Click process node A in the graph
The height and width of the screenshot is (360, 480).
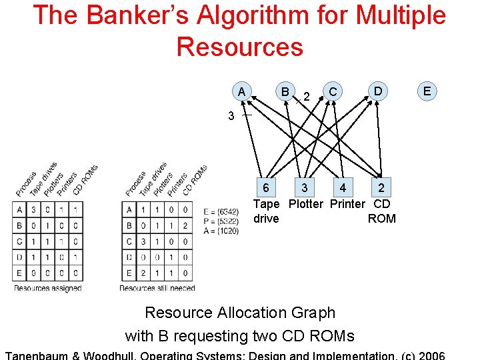[241, 91]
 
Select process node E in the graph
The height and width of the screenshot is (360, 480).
[426, 90]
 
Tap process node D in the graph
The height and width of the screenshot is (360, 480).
[378, 90]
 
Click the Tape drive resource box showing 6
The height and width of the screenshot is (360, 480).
[266, 188]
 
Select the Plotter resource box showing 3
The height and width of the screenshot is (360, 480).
[304, 188]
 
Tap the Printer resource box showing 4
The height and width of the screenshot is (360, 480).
[343, 188]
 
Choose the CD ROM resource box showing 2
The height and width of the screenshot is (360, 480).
[381, 188]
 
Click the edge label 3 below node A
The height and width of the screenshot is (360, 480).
[231, 116]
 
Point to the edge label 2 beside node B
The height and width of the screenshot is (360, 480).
[306, 97]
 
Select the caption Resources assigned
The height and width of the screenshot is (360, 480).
[48, 288]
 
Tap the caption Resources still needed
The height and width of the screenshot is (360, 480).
[157, 288]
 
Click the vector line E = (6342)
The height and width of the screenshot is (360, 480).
[221, 211]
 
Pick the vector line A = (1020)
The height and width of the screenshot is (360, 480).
[221, 230]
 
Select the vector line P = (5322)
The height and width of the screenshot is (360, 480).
[221, 221]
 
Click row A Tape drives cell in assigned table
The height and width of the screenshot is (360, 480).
[33, 210]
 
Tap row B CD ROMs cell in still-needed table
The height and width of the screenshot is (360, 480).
[185, 226]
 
